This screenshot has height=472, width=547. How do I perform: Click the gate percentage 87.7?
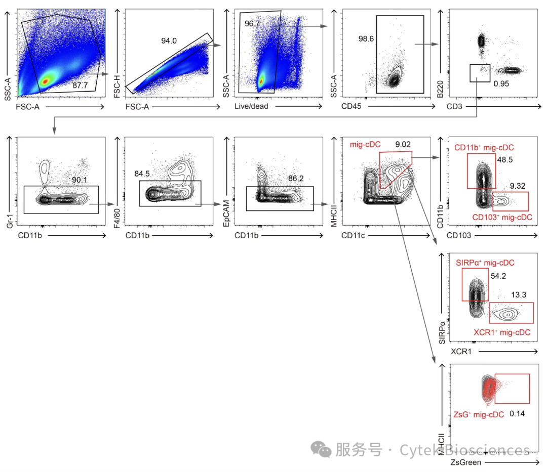point(80,85)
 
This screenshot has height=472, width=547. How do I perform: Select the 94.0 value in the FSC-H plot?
point(169,41)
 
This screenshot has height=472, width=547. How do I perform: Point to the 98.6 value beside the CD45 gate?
point(366,38)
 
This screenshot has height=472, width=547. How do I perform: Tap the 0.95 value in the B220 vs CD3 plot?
point(501,83)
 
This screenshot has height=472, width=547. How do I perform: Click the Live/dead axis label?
point(251,106)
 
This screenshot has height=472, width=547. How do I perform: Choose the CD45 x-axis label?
point(351,106)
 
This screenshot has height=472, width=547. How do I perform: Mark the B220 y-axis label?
point(440,89)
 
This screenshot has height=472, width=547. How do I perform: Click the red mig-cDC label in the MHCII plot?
point(365,145)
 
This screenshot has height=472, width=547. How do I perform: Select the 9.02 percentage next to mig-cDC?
point(403,144)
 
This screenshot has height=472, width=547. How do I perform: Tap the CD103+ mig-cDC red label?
point(502,218)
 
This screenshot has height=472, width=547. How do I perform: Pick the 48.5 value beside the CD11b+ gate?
point(505,159)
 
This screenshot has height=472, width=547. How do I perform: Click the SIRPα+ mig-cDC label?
point(485,263)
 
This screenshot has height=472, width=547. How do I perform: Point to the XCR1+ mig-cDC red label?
point(502,332)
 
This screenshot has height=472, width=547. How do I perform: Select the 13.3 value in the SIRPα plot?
point(519,295)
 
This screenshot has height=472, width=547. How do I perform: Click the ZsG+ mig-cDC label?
point(479,414)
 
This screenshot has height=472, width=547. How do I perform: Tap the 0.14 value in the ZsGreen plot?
point(517,413)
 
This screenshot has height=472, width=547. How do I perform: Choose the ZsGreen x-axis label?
point(466,462)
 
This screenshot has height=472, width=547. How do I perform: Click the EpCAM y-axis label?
point(226,213)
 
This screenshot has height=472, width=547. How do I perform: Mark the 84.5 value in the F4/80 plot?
point(142,174)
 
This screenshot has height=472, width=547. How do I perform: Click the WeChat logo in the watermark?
point(321,449)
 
